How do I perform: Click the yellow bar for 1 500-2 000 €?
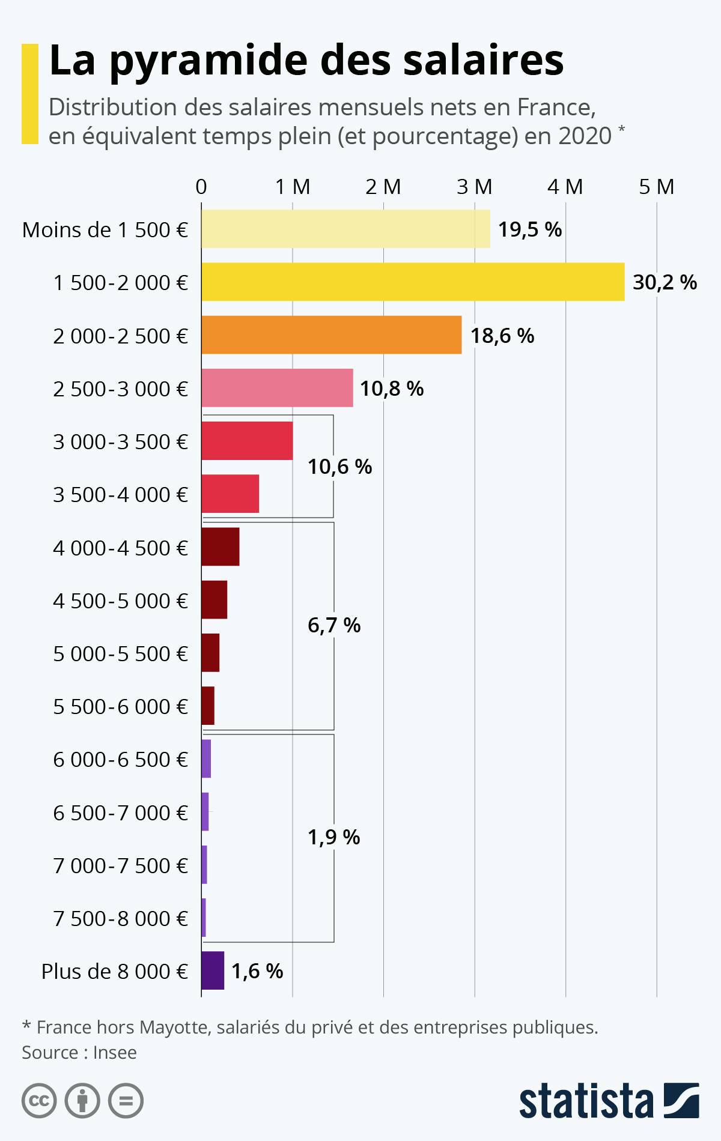click(413, 282)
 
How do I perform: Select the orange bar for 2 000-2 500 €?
click(331, 334)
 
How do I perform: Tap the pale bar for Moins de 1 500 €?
click(345, 229)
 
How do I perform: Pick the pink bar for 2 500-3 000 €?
click(277, 388)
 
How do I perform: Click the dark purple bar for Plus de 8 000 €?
click(213, 970)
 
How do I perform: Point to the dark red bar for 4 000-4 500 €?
click(221, 546)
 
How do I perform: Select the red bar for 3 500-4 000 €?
click(230, 494)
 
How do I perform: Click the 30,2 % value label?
click(665, 282)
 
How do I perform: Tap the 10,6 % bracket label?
click(339, 467)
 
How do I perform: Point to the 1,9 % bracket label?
click(333, 837)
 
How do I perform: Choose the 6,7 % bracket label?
click(333, 626)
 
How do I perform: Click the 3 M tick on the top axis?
click(474, 187)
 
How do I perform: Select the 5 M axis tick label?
click(656, 187)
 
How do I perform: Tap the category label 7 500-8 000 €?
click(120, 918)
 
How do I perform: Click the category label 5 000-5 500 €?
click(120, 653)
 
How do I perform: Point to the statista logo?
click(609, 1101)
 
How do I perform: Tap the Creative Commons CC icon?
click(39, 1101)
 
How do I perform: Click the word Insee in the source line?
click(115, 1053)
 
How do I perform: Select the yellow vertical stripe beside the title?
click(29, 94)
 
